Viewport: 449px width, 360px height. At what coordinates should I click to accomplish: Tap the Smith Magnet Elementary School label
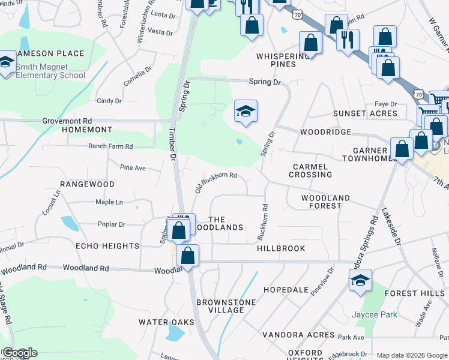coord(50,71)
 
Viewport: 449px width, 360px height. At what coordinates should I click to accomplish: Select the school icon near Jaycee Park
coord(360,281)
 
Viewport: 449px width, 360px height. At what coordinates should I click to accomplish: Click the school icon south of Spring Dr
coord(246,112)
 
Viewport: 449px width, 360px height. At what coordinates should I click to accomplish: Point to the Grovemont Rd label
coord(67,121)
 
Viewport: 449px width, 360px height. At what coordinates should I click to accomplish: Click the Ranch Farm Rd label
coord(110,146)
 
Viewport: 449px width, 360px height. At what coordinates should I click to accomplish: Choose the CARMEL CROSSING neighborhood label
coord(310,170)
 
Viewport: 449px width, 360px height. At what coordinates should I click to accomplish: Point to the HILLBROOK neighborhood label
coord(281,248)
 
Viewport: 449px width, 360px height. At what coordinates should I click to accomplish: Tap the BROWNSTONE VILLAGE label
coord(226,306)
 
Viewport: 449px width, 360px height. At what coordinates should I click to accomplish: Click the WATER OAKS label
coord(166,322)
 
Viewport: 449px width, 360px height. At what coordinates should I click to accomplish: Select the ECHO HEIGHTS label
coord(107,246)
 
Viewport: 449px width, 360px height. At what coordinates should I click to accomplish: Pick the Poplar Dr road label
coord(111,224)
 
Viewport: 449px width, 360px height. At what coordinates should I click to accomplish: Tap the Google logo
coord(19,353)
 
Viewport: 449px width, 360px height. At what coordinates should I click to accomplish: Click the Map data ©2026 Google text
coord(411,355)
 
